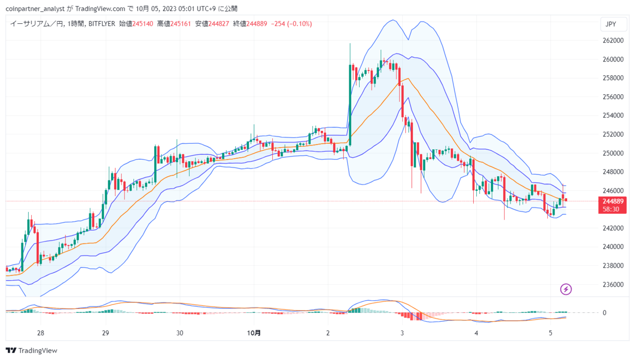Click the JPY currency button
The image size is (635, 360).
613,24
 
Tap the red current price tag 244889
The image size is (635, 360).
612,205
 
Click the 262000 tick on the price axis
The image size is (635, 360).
613,41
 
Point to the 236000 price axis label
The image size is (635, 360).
613,285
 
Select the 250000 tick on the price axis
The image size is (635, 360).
613,153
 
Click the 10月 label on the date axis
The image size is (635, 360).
254,333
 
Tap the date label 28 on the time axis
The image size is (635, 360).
41,333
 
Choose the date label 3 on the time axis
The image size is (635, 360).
402,333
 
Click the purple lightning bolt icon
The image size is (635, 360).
566,290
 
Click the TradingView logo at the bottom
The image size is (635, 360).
31,351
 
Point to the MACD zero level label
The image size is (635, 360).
604,313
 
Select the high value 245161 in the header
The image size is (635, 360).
181,24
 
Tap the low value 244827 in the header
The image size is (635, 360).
219,24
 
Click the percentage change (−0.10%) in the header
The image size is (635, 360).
300,24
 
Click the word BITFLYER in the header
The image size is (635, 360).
102,24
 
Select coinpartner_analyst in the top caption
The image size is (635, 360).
35,9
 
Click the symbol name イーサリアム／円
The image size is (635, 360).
37,24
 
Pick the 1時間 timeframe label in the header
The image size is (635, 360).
76,24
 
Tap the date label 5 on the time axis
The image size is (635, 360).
550,333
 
